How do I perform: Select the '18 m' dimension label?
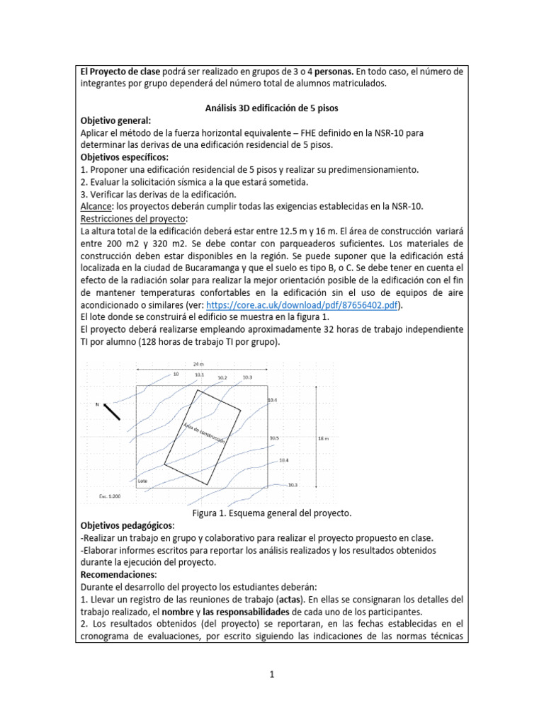pos(324,438)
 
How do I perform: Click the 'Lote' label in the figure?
pos(143,479)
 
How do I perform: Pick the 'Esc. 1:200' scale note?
pos(110,496)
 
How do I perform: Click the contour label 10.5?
pos(274,438)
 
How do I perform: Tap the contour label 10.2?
pos(222,378)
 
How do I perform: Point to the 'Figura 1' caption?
pos(271,513)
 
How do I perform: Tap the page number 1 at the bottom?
pos(271,675)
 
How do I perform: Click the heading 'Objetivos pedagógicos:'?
pos(127,526)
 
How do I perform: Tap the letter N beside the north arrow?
pos(98,405)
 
